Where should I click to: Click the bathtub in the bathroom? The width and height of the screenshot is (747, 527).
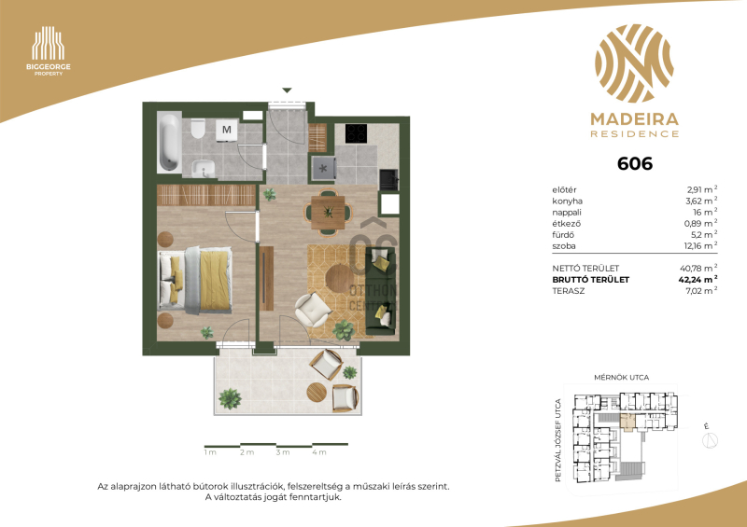tap(169, 142)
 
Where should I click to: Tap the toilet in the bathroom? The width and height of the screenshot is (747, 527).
tap(198, 128)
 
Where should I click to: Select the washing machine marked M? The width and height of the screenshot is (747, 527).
tap(226, 130)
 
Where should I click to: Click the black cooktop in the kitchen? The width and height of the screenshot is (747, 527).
tap(356, 133)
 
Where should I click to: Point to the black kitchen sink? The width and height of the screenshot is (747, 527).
tap(388, 179)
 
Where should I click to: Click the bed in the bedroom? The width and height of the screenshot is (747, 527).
tap(195, 281)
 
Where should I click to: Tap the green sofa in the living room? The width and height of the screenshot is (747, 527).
tap(380, 290)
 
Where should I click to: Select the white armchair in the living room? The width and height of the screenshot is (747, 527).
tap(312, 310)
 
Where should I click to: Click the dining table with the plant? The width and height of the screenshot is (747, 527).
tap(328, 213)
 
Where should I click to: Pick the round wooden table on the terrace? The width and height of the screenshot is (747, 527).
tap(317, 393)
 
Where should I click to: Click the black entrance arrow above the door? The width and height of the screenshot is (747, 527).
tap(287, 90)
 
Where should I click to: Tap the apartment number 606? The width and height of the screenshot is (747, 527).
tap(635, 164)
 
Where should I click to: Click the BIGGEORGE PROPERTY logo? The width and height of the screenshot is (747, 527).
tap(49, 51)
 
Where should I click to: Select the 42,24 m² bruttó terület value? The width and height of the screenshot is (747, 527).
tap(698, 280)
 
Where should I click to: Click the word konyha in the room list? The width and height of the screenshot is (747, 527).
tap(568, 201)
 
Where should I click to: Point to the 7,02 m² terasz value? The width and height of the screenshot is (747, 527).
tap(701, 290)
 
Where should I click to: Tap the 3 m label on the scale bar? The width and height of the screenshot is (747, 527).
tap(283, 452)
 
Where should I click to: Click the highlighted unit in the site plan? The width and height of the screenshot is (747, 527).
tap(627, 423)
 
